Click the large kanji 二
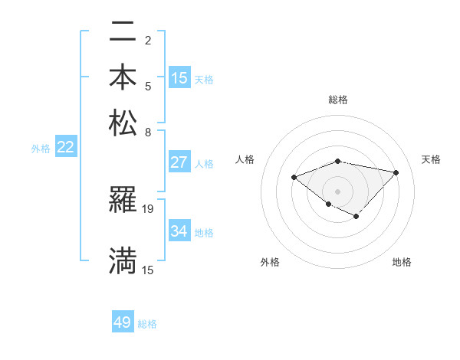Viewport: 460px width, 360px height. coord(123,34)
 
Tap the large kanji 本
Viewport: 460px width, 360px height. coord(123,77)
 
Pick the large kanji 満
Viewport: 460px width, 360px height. coord(123,260)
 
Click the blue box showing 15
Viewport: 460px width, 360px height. coord(179,78)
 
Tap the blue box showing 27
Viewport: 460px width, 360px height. coord(179,162)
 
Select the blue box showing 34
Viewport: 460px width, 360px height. coord(179,231)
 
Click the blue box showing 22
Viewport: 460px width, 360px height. coord(65,148)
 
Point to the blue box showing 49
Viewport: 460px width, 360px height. coord(123,322)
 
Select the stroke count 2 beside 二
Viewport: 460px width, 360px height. coord(148,40)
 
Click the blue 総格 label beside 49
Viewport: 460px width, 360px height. coord(147,324)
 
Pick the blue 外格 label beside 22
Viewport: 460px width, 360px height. coord(41,149)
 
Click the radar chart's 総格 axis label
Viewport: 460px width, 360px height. coord(338,100)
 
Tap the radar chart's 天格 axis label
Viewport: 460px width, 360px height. coord(431,159)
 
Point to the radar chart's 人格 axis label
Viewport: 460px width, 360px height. coord(245,159)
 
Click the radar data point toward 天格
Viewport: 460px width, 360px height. coord(396,172)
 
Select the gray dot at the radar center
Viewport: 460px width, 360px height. coord(337,190)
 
